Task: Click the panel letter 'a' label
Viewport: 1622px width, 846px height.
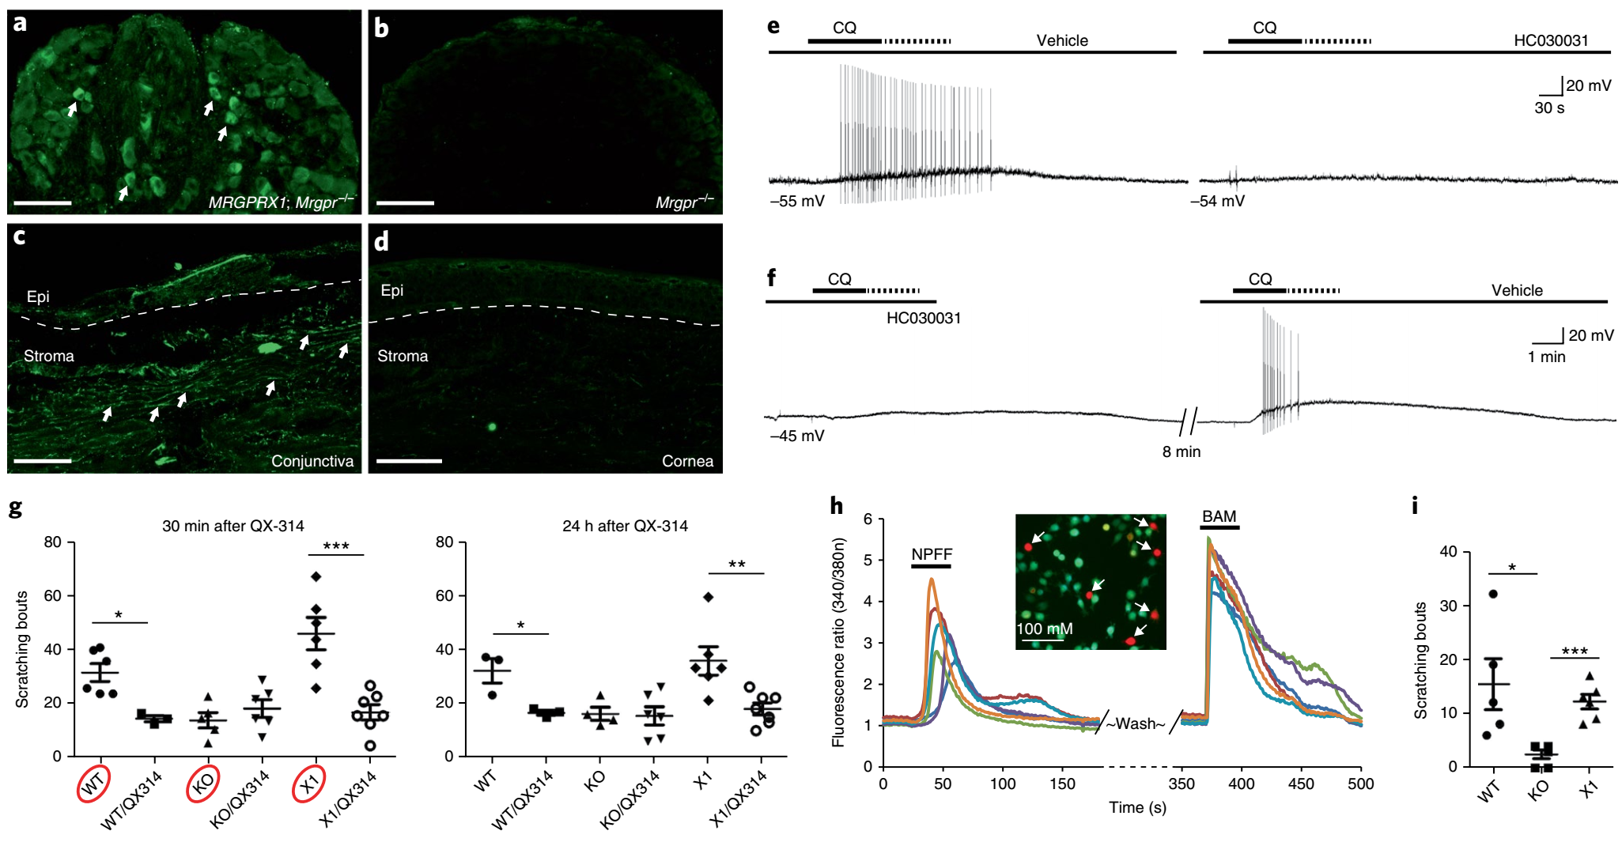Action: [20, 23]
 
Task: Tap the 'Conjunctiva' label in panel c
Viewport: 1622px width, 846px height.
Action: [312, 461]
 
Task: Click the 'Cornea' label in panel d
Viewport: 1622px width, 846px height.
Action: [687, 461]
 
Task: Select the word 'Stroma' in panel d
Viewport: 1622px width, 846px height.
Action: [403, 356]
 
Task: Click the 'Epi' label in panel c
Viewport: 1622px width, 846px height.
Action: [38, 296]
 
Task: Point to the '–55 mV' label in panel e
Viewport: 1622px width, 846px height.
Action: [797, 201]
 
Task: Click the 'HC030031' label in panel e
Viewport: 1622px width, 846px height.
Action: [1550, 40]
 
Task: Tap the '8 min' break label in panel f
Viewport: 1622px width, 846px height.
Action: [1181, 451]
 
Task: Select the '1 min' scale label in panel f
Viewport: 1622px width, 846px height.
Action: [1546, 357]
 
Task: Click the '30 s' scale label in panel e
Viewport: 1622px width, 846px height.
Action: [1549, 108]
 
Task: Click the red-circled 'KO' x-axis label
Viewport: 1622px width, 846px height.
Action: [203, 784]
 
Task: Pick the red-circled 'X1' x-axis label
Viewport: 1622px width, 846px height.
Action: [309, 784]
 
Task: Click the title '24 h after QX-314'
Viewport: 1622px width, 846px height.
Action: [625, 526]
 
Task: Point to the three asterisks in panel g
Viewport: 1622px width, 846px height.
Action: [336, 546]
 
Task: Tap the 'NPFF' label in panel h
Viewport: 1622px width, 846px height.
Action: [932, 554]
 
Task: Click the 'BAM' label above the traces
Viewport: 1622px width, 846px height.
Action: [1219, 516]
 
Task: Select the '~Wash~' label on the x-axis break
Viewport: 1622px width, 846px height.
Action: [1136, 723]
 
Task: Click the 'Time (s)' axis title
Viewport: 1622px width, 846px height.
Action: [1137, 807]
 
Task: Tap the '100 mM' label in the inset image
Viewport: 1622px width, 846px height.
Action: [1044, 629]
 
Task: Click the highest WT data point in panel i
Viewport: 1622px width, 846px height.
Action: [1492, 594]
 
